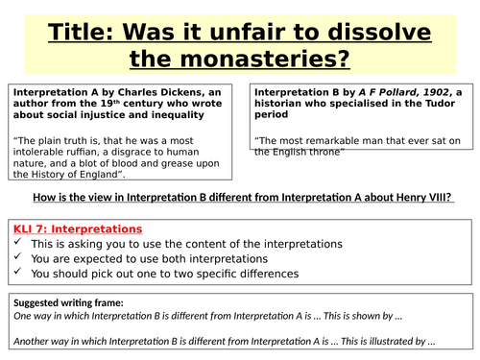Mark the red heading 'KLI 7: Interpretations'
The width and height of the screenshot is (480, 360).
click(x=77, y=229)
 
